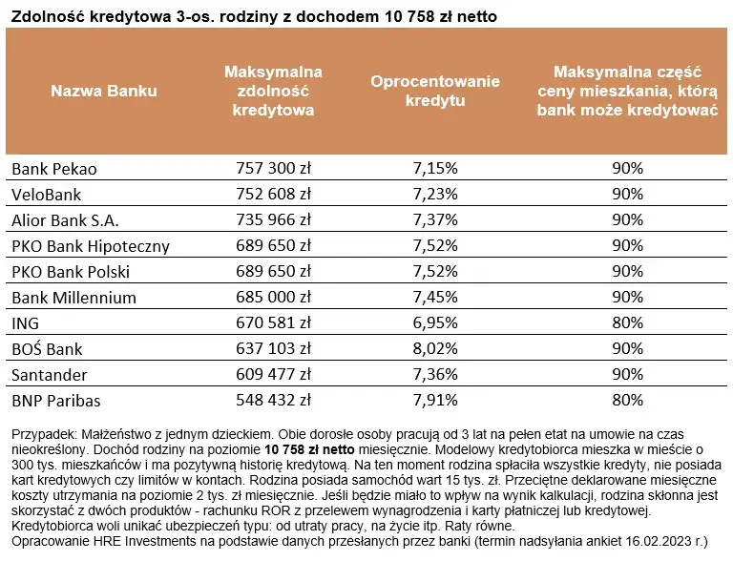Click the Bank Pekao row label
coord(54,169)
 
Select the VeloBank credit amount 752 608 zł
coord(273,195)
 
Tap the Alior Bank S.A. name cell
coord(65,220)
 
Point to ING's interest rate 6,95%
coord(435,323)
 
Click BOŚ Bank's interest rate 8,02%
coord(435,349)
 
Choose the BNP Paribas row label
coord(56,401)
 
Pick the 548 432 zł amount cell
coord(273,401)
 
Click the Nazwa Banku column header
coord(104,92)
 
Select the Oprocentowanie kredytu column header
coord(435,91)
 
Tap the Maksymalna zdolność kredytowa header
coord(273,92)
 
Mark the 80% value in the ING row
coord(627,323)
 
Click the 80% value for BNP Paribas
coord(627,401)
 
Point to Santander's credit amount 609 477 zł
coord(273,375)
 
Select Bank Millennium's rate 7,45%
coord(435,298)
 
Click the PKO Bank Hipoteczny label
coord(91,246)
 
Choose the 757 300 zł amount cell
coord(273,169)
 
